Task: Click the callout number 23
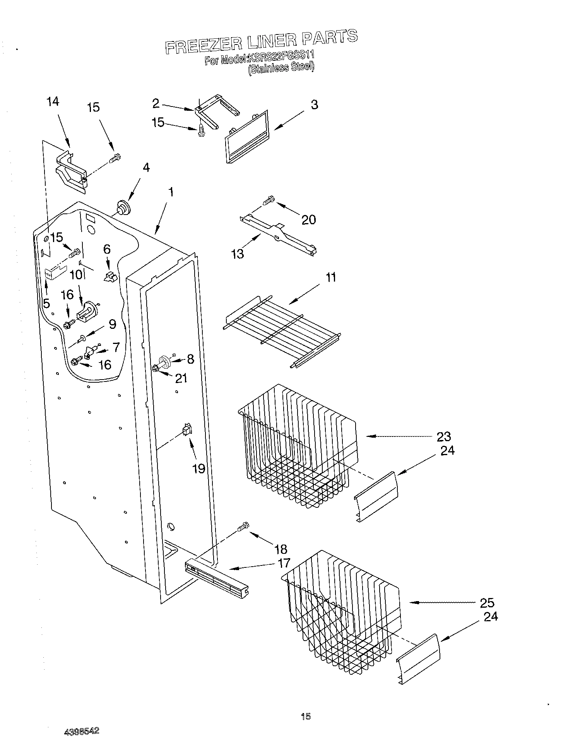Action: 444,437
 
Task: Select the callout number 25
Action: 487,603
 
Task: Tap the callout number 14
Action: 53,102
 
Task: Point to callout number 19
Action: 198,469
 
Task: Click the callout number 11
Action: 331,277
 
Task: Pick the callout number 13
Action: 238,254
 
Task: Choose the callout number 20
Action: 309,220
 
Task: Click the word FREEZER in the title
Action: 198,44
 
